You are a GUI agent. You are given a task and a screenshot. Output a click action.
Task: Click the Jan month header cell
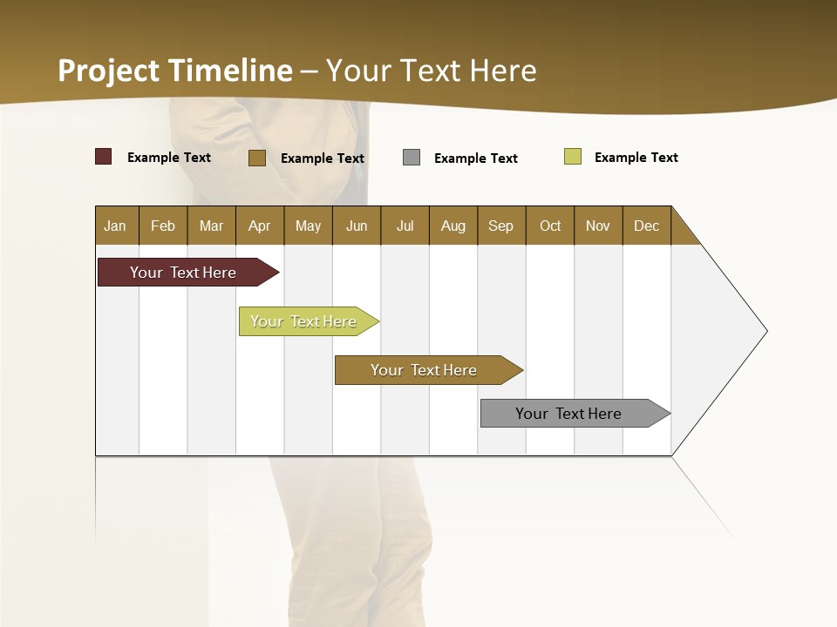click(x=116, y=226)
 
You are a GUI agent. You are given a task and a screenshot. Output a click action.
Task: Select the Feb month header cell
click(x=163, y=226)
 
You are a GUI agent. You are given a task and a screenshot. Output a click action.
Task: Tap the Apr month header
click(x=259, y=226)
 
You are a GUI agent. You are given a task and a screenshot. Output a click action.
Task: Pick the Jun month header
click(x=357, y=226)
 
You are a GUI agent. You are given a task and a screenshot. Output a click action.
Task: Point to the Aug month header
click(x=453, y=226)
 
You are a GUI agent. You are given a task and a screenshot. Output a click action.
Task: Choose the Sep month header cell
click(x=500, y=226)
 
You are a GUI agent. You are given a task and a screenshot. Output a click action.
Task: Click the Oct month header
click(x=550, y=226)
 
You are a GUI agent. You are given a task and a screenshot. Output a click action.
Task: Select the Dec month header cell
click(x=646, y=226)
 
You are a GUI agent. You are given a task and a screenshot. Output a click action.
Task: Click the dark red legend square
click(x=103, y=157)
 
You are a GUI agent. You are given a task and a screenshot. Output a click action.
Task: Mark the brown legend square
click(x=256, y=158)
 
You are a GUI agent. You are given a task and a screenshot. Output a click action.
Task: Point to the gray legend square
click(x=411, y=158)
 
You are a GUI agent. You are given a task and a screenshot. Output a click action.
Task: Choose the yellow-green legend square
click(x=572, y=157)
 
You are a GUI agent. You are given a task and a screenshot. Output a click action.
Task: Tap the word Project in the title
click(x=108, y=71)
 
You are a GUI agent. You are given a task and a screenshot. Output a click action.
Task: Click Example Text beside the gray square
click(x=475, y=158)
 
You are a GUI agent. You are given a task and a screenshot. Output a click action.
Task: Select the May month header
click(x=308, y=226)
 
